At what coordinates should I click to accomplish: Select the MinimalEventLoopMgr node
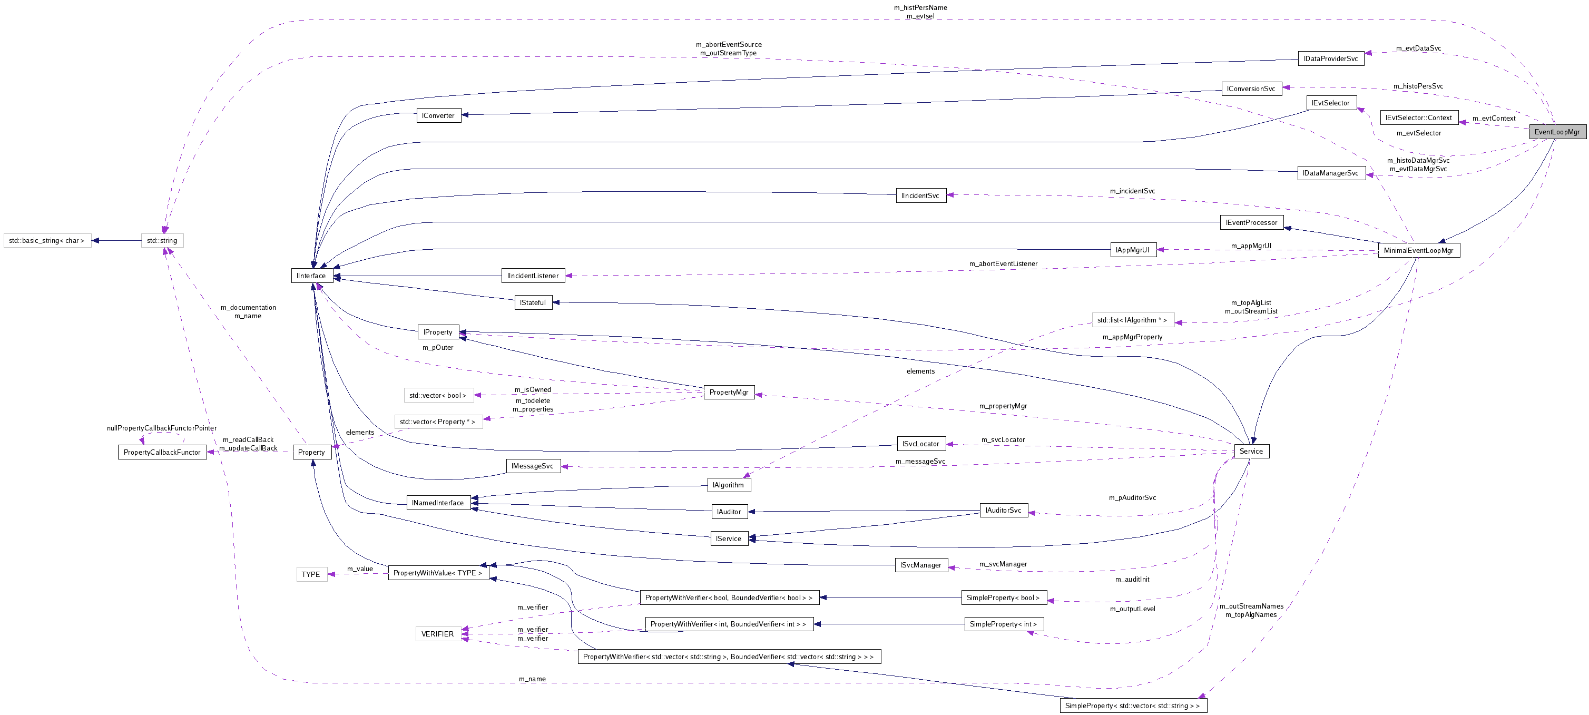pos(1418,250)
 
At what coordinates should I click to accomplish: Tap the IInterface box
pos(311,276)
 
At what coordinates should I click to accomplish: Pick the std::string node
pos(162,241)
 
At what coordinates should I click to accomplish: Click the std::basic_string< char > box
pos(47,241)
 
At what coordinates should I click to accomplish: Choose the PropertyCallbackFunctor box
pos(162,452)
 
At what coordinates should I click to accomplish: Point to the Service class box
pos(1250,451)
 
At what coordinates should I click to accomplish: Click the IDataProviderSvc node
pos(1330,58)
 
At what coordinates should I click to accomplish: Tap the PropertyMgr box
pos(729,393)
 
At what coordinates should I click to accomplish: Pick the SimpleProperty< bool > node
pos(1003,598)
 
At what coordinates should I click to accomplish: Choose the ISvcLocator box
pos(920,444)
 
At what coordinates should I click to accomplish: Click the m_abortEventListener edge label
pos(1003,264)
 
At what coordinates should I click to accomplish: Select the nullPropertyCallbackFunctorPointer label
pos(162,428)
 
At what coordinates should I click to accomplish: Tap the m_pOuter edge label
pos(437,348)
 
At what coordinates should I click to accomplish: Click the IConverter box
pos(438,115)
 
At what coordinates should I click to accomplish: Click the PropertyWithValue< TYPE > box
pos(438,573)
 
